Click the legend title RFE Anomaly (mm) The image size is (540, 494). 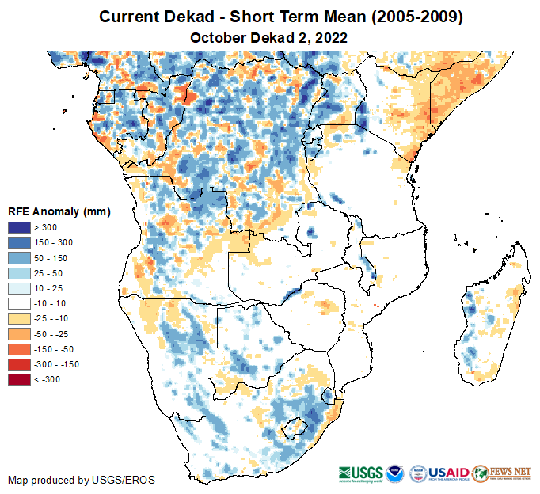59,211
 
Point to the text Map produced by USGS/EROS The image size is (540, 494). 82,480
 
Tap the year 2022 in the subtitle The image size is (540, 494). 331,37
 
